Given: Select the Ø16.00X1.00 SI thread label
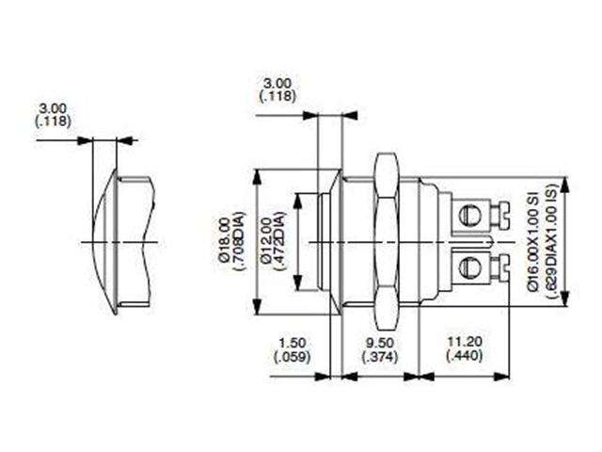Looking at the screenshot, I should click(x=532, y=244).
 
